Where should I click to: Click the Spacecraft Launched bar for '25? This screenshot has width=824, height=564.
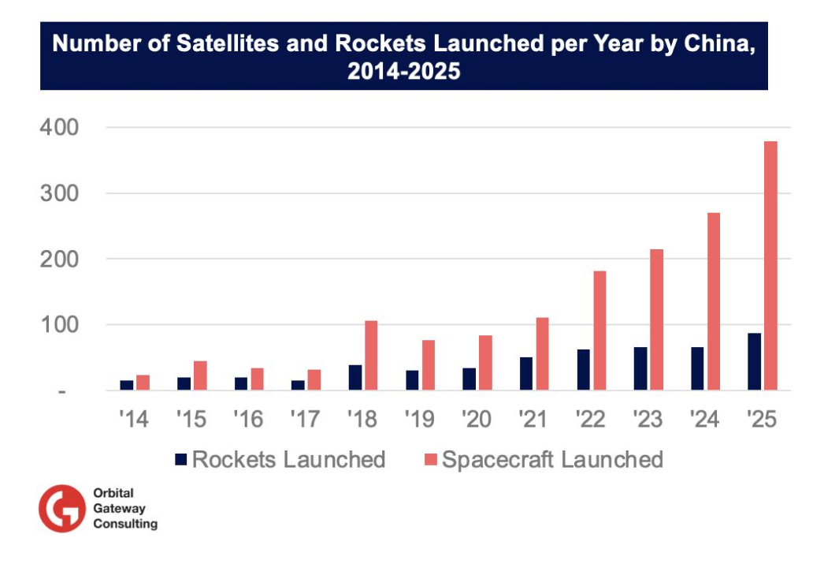point(770,265)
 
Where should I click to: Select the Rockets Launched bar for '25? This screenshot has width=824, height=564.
point(755,361)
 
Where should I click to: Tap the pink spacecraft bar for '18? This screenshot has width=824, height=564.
point(371,355)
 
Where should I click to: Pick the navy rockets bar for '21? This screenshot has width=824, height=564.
point(526,373)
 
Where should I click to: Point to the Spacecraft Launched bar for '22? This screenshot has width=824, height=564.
point(599,331)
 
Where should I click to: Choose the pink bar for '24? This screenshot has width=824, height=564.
point(714,301)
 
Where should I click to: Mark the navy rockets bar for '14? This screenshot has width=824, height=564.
point(127,385)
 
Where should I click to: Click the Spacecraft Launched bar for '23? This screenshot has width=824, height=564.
point(656,319)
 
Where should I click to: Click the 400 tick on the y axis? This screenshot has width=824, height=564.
point(60,127)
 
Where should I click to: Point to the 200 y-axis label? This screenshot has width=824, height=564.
point(60,259)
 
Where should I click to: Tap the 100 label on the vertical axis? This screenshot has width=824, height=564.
point(60,324)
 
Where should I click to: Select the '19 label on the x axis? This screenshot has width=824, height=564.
point(420,419)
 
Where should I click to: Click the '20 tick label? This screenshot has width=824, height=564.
point(477,419)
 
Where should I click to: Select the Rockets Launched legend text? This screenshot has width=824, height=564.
point(288,459)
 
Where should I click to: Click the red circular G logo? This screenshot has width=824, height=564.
point(62,508)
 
